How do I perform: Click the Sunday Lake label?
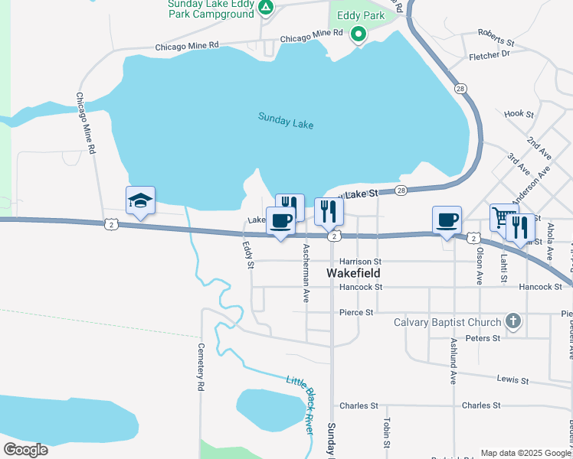286,120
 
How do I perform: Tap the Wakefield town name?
354,272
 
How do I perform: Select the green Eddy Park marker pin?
358,34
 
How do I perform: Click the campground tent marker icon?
265,8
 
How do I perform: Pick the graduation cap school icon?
140,201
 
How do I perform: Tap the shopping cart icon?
503,218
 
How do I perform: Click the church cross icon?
513,322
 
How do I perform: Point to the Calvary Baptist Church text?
447,322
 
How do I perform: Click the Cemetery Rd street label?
201,366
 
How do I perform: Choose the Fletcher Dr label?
489,55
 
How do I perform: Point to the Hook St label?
519,114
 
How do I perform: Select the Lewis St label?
512,379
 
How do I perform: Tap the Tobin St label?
387,433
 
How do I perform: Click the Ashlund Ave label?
453,360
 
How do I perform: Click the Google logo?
25,450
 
